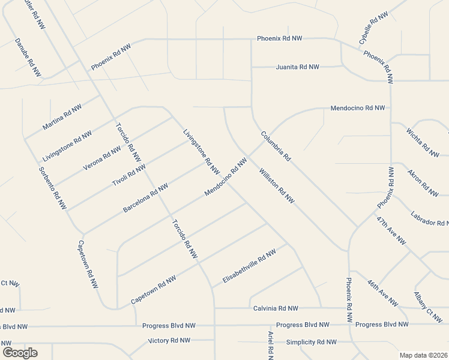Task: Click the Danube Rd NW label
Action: [x=28, y=58]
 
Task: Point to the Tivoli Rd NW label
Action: [x=128, y=176]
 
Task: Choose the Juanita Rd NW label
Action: [x=297, y=67]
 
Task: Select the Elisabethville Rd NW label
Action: [x=249, y=266]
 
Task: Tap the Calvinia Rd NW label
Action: [x=276, y=308]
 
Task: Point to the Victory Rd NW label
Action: [x=169, y=341]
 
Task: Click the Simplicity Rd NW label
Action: [x=311, y=341]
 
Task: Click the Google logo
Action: [x=20, y=353]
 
